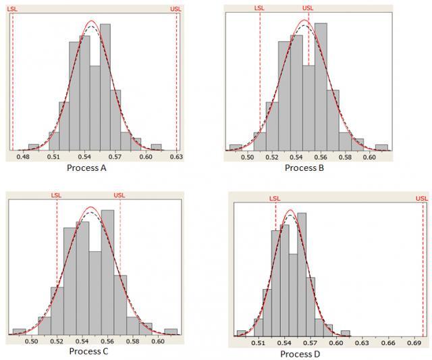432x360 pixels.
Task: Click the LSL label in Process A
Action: point(11,9)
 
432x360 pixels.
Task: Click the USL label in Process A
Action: point(177,9)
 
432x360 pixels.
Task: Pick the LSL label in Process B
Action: point(260,9)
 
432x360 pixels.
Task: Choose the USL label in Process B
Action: point(308,9)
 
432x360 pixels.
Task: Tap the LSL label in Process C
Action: point(57,196)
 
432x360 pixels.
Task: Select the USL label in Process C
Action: point(119,196)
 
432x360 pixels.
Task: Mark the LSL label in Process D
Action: point(275,199)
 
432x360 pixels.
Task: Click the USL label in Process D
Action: point(422,199)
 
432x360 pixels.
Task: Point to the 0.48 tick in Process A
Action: point(23,157)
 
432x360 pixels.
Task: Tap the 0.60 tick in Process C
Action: point(158,341)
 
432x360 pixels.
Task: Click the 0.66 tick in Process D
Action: point(388,343)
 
